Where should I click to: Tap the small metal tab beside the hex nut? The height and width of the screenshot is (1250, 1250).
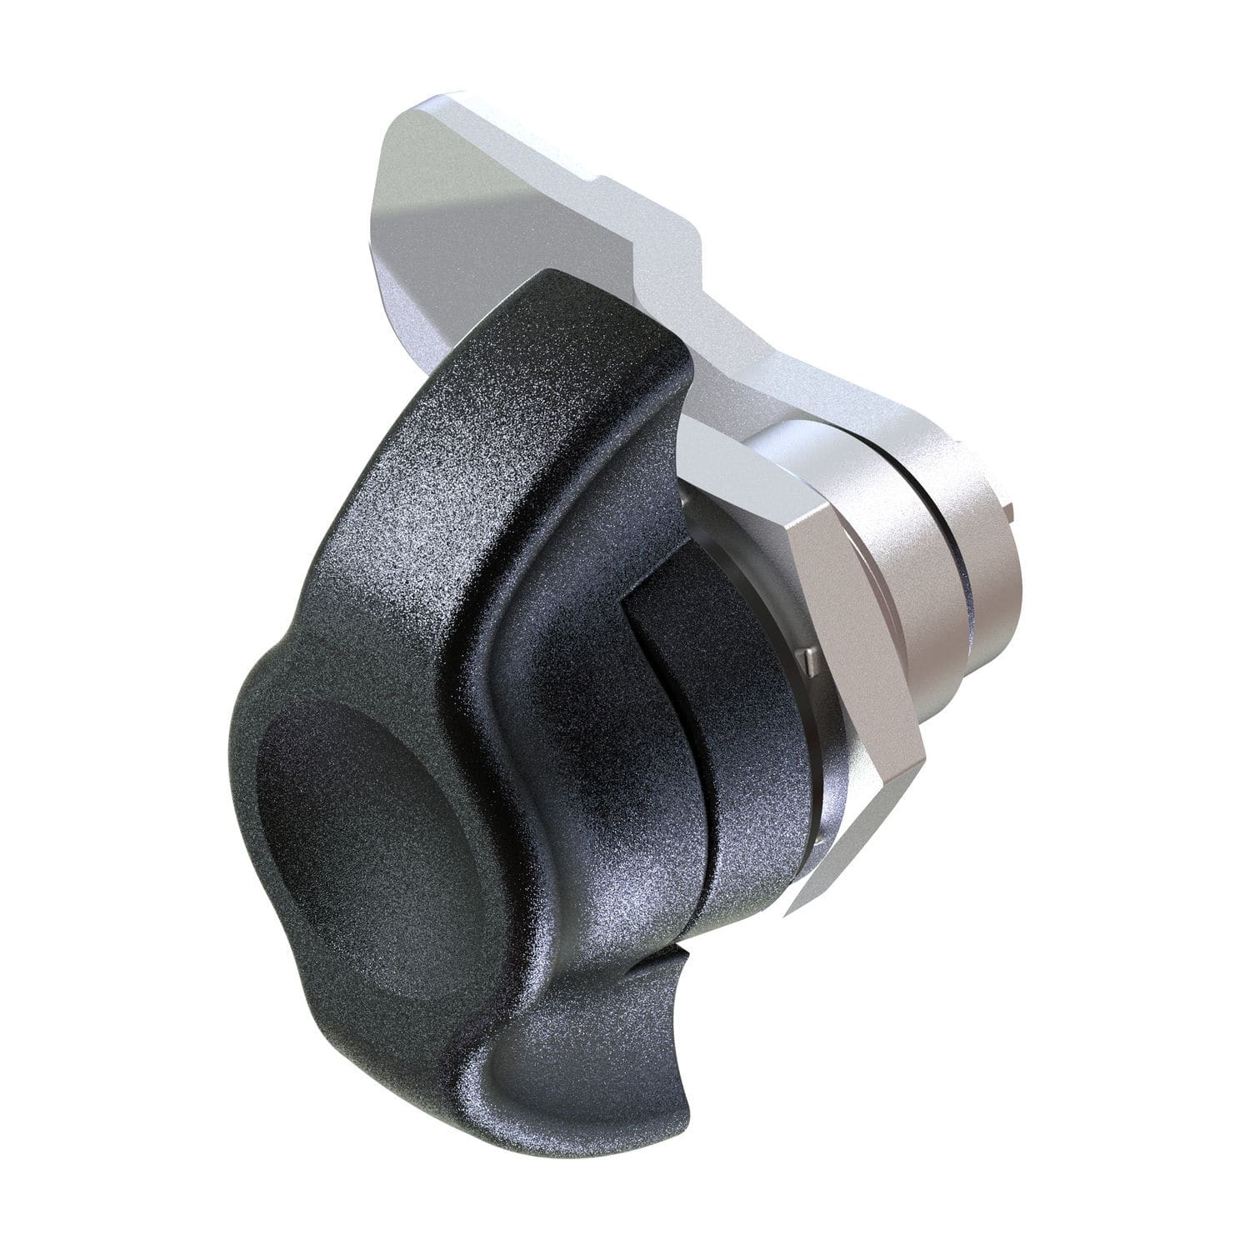(804, 660)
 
